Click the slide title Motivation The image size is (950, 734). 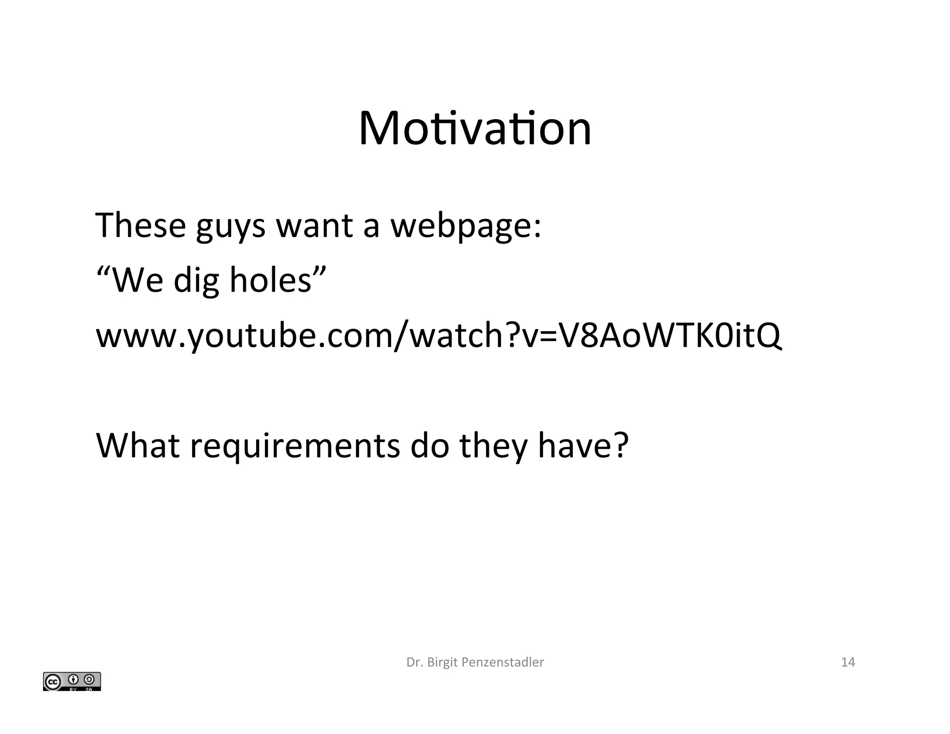pos(475,129)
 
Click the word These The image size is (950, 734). pos(141,225)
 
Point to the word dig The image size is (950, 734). pos(196,282)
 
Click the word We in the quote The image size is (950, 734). pos(137,281)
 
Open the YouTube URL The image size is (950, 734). pos(438,336)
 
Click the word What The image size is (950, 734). pos(137,445)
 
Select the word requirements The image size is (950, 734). pos(295,446)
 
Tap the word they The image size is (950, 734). pos(493,446)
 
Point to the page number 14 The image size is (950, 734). pos(847,662)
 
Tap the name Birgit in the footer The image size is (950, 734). pos(443,663)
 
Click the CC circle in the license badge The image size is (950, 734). pos(52,682)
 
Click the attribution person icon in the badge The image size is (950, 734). pos(73,680)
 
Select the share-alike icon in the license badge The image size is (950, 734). pos(90,680)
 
